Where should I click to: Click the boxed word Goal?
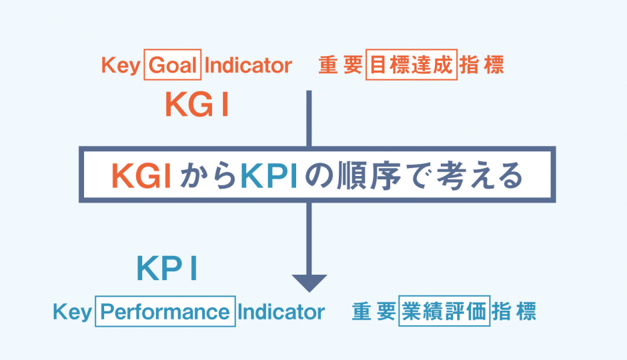pyautogui.click(x=171, y=66)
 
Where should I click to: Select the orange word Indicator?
pyautogui.click(x=249, y=66)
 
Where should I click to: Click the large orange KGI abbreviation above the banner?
pyautogui.click(x=197, y=105)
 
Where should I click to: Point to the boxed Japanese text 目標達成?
pyautogui.click(x=412, y=66)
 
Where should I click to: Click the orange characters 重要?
pyautogui.click(x=339, y=66)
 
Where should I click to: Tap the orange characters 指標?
pyautogui.click(x=484, y=66)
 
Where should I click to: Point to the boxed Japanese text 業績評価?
pyautogui.click(x=444, y=311)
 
